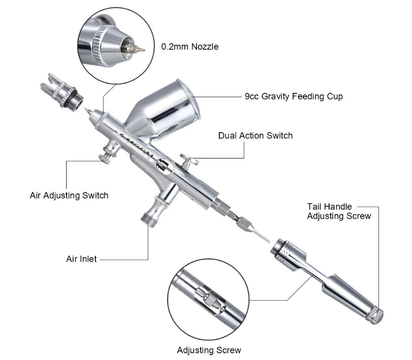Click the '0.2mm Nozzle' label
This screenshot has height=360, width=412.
tap(190, 47)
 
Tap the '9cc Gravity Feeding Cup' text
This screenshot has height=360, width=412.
tap(294, 97)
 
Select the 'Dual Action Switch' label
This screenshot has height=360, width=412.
tap(255, 135)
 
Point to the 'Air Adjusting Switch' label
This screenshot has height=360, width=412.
tap(69, 195)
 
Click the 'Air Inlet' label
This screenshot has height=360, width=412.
tap(81, 259)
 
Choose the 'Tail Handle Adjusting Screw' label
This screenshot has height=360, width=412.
tap(339, 211)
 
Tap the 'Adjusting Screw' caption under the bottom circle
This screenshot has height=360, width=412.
tap(209, 350)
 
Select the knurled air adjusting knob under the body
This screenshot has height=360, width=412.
tap(104, 157)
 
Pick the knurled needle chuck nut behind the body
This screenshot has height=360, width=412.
tap(244, 223)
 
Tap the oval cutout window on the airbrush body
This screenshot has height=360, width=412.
tap(163, 165)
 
